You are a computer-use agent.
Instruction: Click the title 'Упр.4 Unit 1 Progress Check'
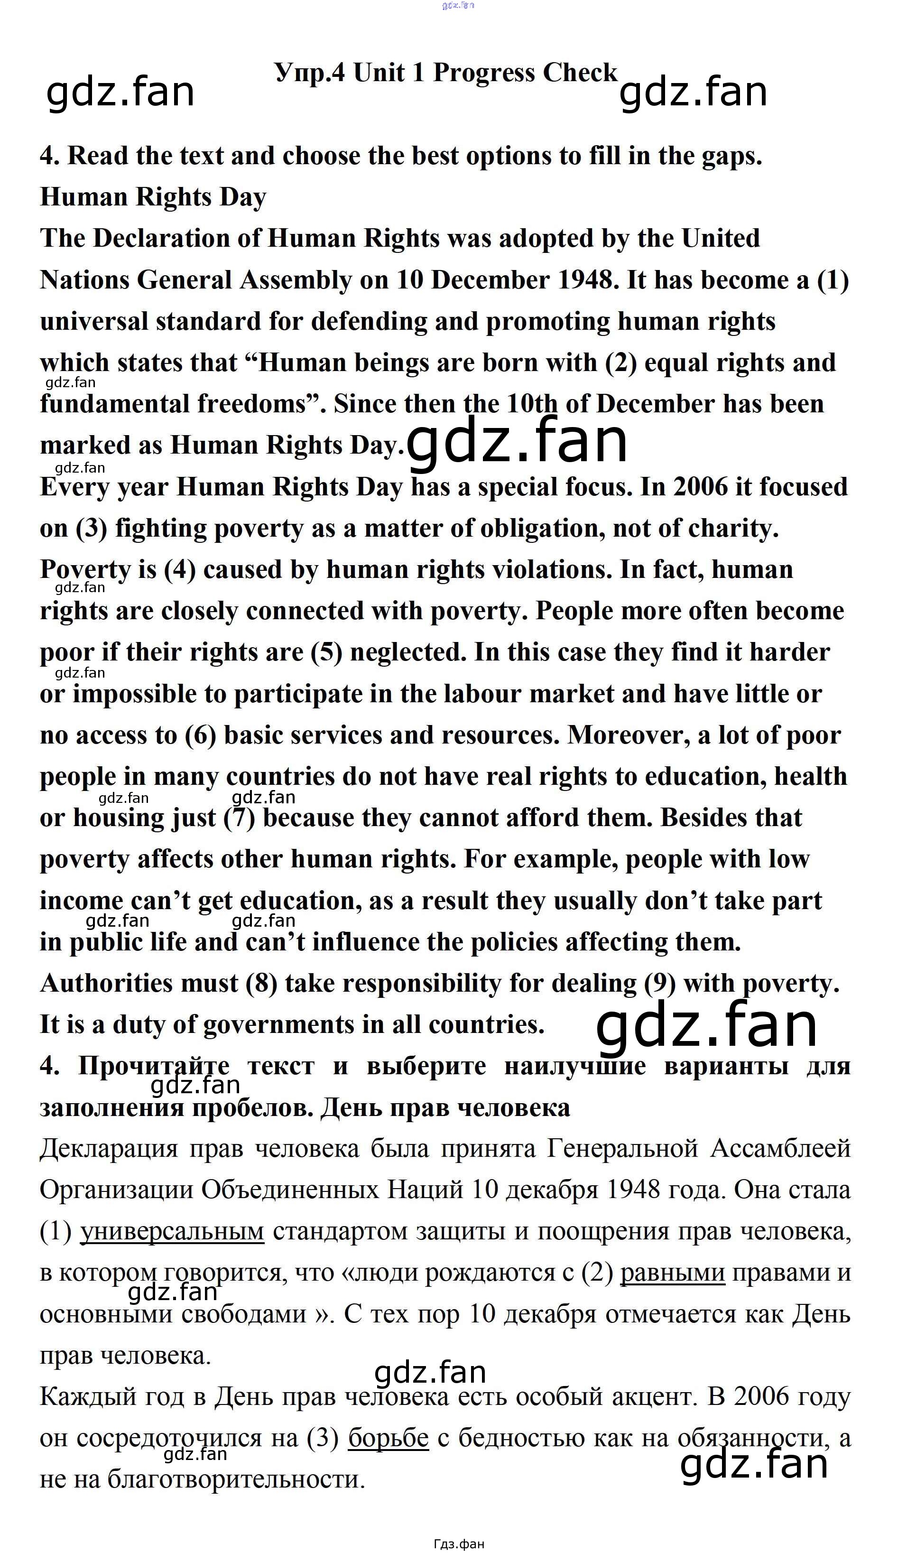(445, 73)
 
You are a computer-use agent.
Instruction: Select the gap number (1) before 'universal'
(833, 280)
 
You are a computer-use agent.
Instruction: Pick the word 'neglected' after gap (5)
(407, 652)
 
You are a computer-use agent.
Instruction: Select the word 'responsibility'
(422, 984)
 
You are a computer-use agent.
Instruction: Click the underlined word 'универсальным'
(172, 1232)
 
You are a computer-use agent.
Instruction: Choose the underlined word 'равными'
(672, 1274)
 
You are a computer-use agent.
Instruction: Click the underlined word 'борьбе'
(388, 1439)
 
